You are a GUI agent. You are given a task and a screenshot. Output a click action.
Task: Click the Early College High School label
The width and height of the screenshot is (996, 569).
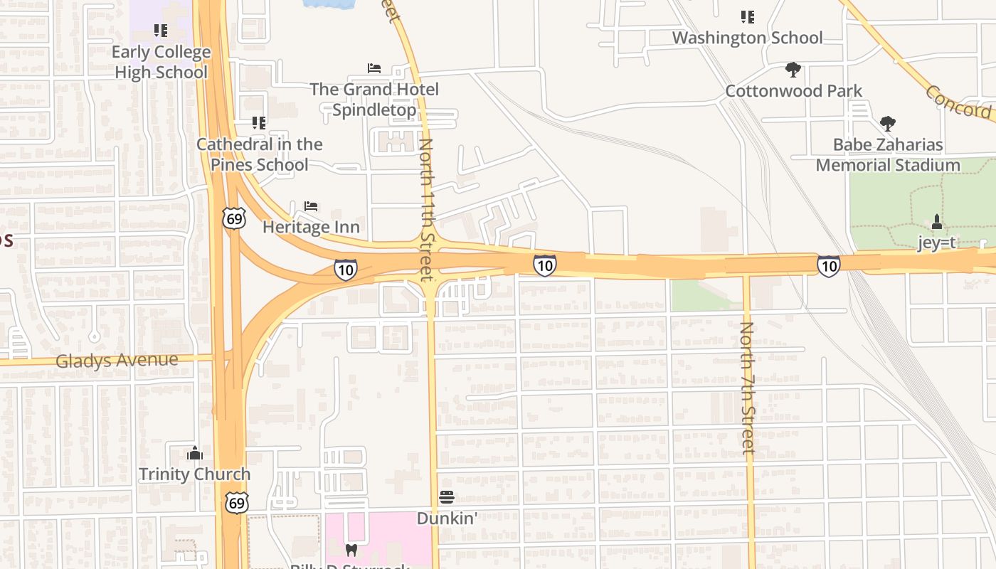(x=161, y=62)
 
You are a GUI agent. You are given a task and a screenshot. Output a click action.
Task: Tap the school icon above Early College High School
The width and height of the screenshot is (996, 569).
(x=161, y=31)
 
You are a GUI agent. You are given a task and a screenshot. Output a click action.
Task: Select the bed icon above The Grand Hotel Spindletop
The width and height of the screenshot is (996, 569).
(x=374, y=68)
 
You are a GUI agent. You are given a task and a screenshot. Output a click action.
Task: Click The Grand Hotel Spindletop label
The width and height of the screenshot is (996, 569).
(x=374, y=100)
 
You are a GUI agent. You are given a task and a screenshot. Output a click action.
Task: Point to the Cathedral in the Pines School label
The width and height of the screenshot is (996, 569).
(x=259, y=154)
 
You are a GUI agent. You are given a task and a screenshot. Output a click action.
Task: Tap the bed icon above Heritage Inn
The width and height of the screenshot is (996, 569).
(x=311, y=206)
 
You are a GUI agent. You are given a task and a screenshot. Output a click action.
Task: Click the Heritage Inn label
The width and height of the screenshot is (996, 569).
(x=311, y=227)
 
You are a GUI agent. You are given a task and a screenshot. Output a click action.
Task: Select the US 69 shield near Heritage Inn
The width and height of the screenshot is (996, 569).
(x=234, y=218)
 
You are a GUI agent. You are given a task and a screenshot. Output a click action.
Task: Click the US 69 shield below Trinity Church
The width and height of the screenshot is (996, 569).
(x=237, y=502)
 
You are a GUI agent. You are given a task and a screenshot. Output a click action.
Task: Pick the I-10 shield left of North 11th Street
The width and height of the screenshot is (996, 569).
(x=345, y=270)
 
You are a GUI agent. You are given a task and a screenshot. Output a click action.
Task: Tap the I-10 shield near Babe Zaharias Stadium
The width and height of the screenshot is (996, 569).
(x=828, y=266)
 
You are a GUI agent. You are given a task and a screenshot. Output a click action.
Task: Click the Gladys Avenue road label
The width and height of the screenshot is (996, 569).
(x=117, y=360)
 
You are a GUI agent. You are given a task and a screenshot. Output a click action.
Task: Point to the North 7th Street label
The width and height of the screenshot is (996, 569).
(x=747, y=388)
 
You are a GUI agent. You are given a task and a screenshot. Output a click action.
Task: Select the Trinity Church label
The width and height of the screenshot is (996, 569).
(x=194, y=474)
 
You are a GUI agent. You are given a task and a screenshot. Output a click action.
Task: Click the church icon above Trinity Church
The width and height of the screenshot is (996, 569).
(x=195, y=453)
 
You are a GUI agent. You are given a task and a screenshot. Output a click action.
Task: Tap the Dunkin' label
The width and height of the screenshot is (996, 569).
(x=447, y=518)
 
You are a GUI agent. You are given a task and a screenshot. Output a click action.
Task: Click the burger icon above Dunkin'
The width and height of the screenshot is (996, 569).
(x=447, y=496)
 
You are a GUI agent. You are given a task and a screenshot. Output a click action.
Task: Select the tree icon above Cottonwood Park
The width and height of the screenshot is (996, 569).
(x=793, y=70)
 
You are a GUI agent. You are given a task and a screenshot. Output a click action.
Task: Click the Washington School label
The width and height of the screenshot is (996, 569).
(x=747, y=38)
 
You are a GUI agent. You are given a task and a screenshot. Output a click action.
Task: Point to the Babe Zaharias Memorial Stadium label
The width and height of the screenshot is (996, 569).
(x=887, y=155)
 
